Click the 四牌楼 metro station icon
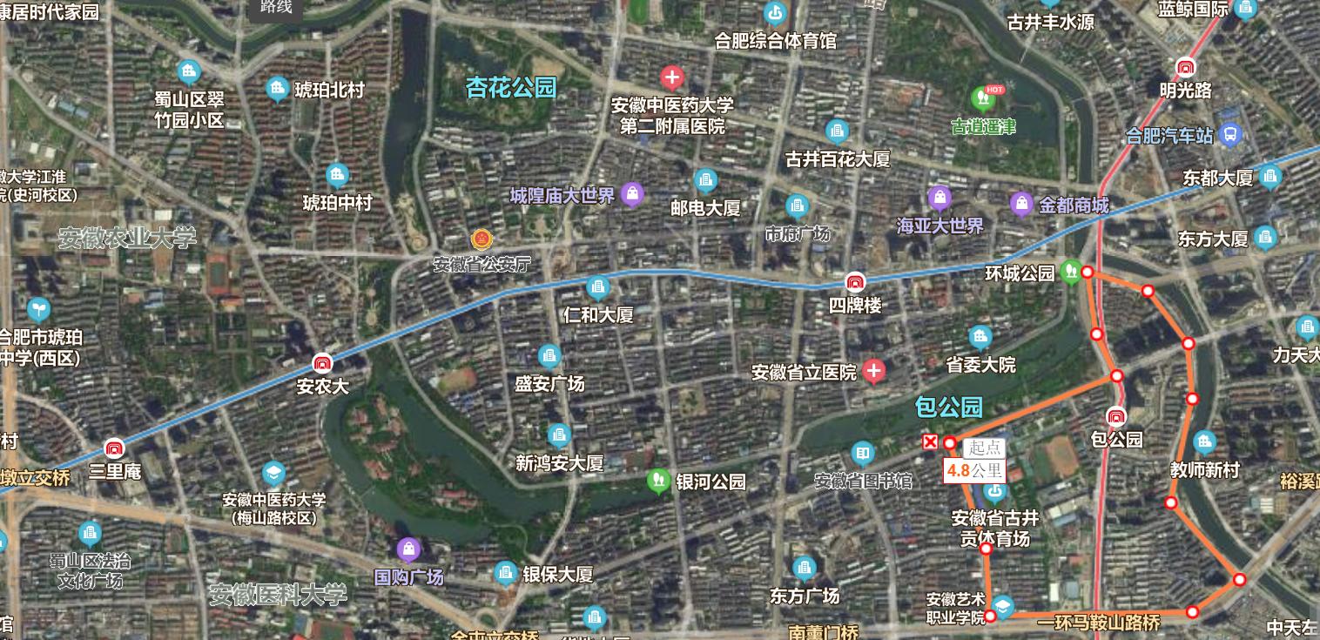855,282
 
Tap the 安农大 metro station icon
323,363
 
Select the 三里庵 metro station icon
113,449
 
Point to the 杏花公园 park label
511,88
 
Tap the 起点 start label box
985,448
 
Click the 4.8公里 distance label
974,472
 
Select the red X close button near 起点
930,442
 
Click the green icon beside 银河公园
658,480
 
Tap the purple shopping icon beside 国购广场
407,549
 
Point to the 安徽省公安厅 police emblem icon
480,239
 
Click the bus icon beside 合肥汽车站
1229,134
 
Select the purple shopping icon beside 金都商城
1021,205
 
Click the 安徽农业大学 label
128,238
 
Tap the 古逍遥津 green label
983,127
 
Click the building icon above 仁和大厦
597,287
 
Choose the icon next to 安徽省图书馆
862,454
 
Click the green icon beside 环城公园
1071,272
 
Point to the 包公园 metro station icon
1115,417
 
